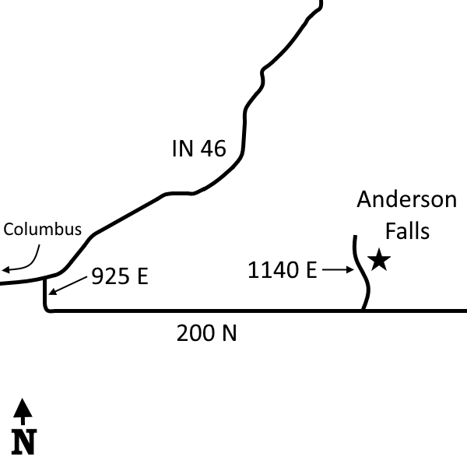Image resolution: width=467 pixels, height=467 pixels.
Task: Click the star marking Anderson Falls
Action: [x=379, y=260]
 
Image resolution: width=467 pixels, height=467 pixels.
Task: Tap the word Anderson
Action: [x=407, y=199]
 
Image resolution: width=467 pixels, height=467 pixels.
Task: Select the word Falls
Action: [x=407, y=230]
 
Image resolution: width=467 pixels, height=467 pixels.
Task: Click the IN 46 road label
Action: [x=199, y=149]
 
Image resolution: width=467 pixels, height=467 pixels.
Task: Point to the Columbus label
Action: [x=42, y=230]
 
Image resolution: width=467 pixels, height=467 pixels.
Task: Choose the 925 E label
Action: [x=120, y=276]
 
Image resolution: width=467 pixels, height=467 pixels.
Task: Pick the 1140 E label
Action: [x=282, y=270]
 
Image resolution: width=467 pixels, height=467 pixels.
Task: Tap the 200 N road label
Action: [x=207, y=333]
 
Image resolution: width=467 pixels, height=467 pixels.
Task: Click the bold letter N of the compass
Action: [x=24, y=441]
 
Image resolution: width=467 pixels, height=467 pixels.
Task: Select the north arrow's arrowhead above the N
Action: [x=23, y=408]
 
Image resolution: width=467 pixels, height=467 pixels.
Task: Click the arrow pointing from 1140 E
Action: [x=338, y=270]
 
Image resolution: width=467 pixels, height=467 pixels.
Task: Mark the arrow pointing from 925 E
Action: [x=68, y=286]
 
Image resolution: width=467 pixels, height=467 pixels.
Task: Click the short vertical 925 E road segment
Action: [x=44, y=293]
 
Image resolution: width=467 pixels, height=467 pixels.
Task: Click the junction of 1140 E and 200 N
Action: [x=363, y=311]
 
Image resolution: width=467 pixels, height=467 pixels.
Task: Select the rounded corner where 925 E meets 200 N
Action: [x=47, y=309]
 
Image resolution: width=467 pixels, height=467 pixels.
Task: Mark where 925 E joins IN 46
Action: [x=44, y=279]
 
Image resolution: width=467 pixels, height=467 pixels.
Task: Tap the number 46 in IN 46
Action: [x=213, y=149]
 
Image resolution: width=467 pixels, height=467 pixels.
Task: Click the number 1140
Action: [x=272, y=270]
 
